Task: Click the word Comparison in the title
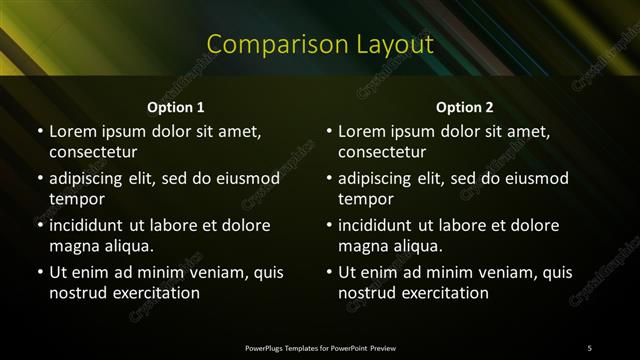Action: tap(264, 45)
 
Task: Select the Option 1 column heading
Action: tap(176, 106)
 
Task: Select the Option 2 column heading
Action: tap(465, 106)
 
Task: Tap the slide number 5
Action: tap(589, 347)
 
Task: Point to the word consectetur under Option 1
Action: tap(93, 152)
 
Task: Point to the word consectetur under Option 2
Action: tap(383, 152)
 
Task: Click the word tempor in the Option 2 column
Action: tap(365, 199)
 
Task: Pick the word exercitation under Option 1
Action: tap(154, 293)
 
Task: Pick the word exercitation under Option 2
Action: tap(444, 293)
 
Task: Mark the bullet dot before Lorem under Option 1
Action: tap(39, 131)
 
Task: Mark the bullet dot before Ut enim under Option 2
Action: tap(329, 272)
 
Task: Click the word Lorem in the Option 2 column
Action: tap(362, 131)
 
